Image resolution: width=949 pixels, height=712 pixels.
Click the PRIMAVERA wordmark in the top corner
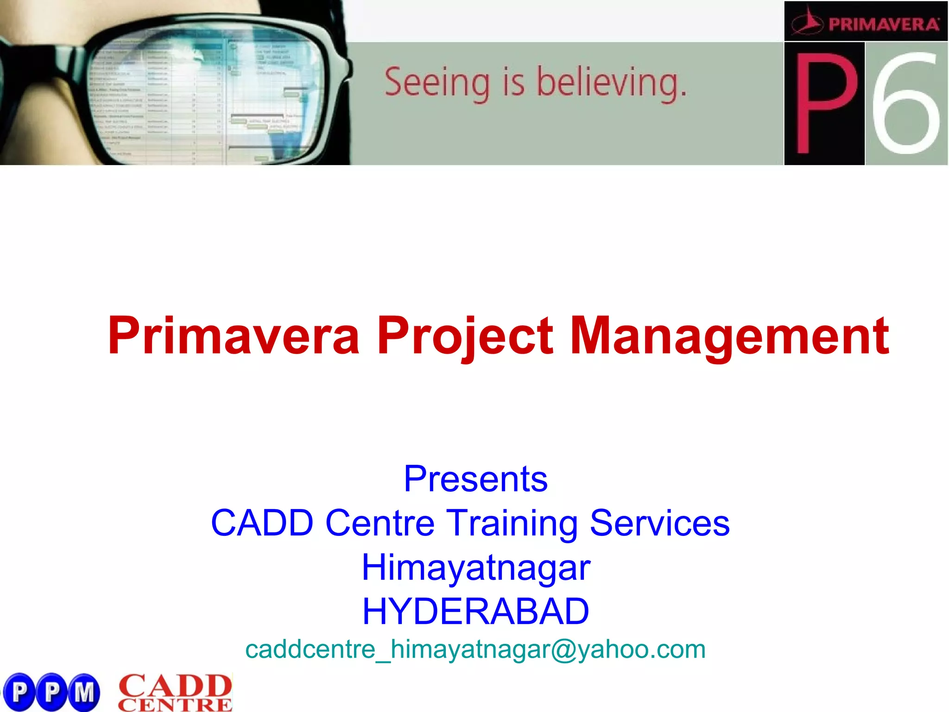pos(883,24)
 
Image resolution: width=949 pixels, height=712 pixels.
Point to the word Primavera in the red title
pos(234,335)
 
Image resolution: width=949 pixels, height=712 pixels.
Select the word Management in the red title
pos(729,335)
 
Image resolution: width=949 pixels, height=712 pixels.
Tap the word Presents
pos(475,478)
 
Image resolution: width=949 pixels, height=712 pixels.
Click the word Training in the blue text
pos(512,523)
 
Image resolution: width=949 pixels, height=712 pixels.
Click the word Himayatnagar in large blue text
pos(475,567)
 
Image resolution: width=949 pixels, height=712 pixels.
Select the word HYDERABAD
pos(475,611)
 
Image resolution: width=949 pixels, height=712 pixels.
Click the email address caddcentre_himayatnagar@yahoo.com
pos(475,649)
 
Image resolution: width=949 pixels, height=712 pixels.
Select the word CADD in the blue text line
pos(262,523)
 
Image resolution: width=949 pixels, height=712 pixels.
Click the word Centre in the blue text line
pos(380,523)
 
